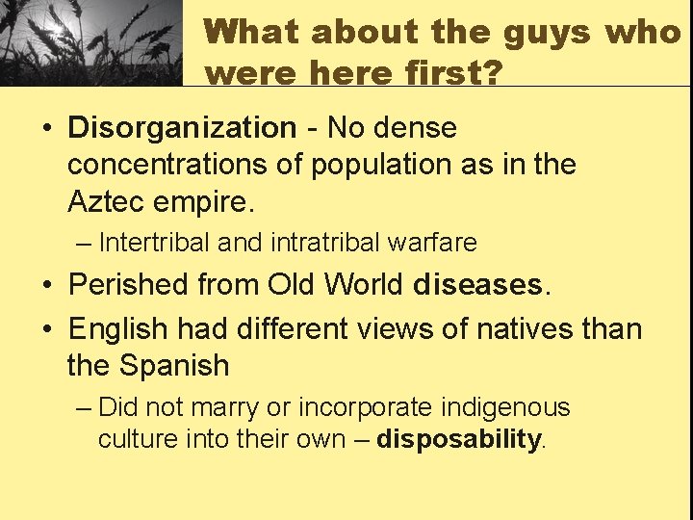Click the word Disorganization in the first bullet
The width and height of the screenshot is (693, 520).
coord(182,127)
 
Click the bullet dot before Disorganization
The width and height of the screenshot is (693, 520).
coord(46,128)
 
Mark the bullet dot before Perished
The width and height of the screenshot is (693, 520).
coord(46,286)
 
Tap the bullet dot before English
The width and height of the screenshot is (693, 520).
coord(46,329)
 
